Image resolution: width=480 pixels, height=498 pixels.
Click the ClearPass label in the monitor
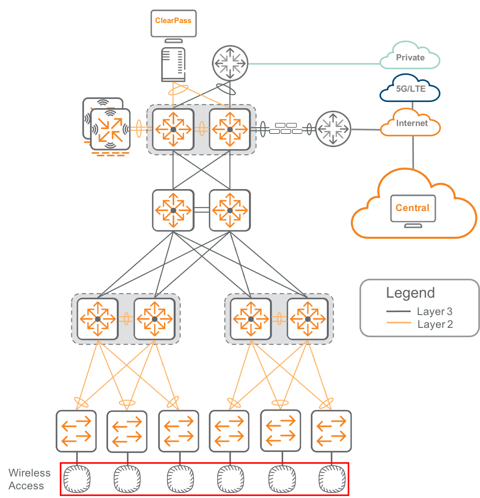[173, 20]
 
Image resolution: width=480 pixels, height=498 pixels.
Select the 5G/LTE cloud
[410, 88]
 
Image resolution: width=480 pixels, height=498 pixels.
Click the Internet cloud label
[412, 123]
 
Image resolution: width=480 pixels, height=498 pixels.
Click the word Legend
[410, 293]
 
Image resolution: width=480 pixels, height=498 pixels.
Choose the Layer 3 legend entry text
[434, 312]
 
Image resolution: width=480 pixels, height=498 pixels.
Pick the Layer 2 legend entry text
[435, 324]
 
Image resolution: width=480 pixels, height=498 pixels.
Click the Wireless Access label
[29, 479]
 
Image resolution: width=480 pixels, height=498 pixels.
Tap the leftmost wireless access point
[77, 479]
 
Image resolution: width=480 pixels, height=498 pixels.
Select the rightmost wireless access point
[332, 479]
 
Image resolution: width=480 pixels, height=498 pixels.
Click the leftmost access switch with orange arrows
[76, 431]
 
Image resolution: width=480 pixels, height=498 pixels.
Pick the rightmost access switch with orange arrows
[331, 431]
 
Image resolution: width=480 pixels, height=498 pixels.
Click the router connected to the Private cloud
[230, 63]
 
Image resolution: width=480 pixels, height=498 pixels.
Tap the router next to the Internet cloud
[333, 129]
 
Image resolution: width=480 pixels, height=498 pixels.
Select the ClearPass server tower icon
[173, 65]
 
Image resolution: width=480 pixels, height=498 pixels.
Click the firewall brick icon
[286, 128]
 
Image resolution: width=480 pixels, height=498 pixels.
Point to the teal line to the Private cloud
[315, 64]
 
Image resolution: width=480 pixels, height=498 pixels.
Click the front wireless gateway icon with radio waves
[110, 129]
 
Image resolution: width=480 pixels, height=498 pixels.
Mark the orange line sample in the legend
[399, 323]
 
